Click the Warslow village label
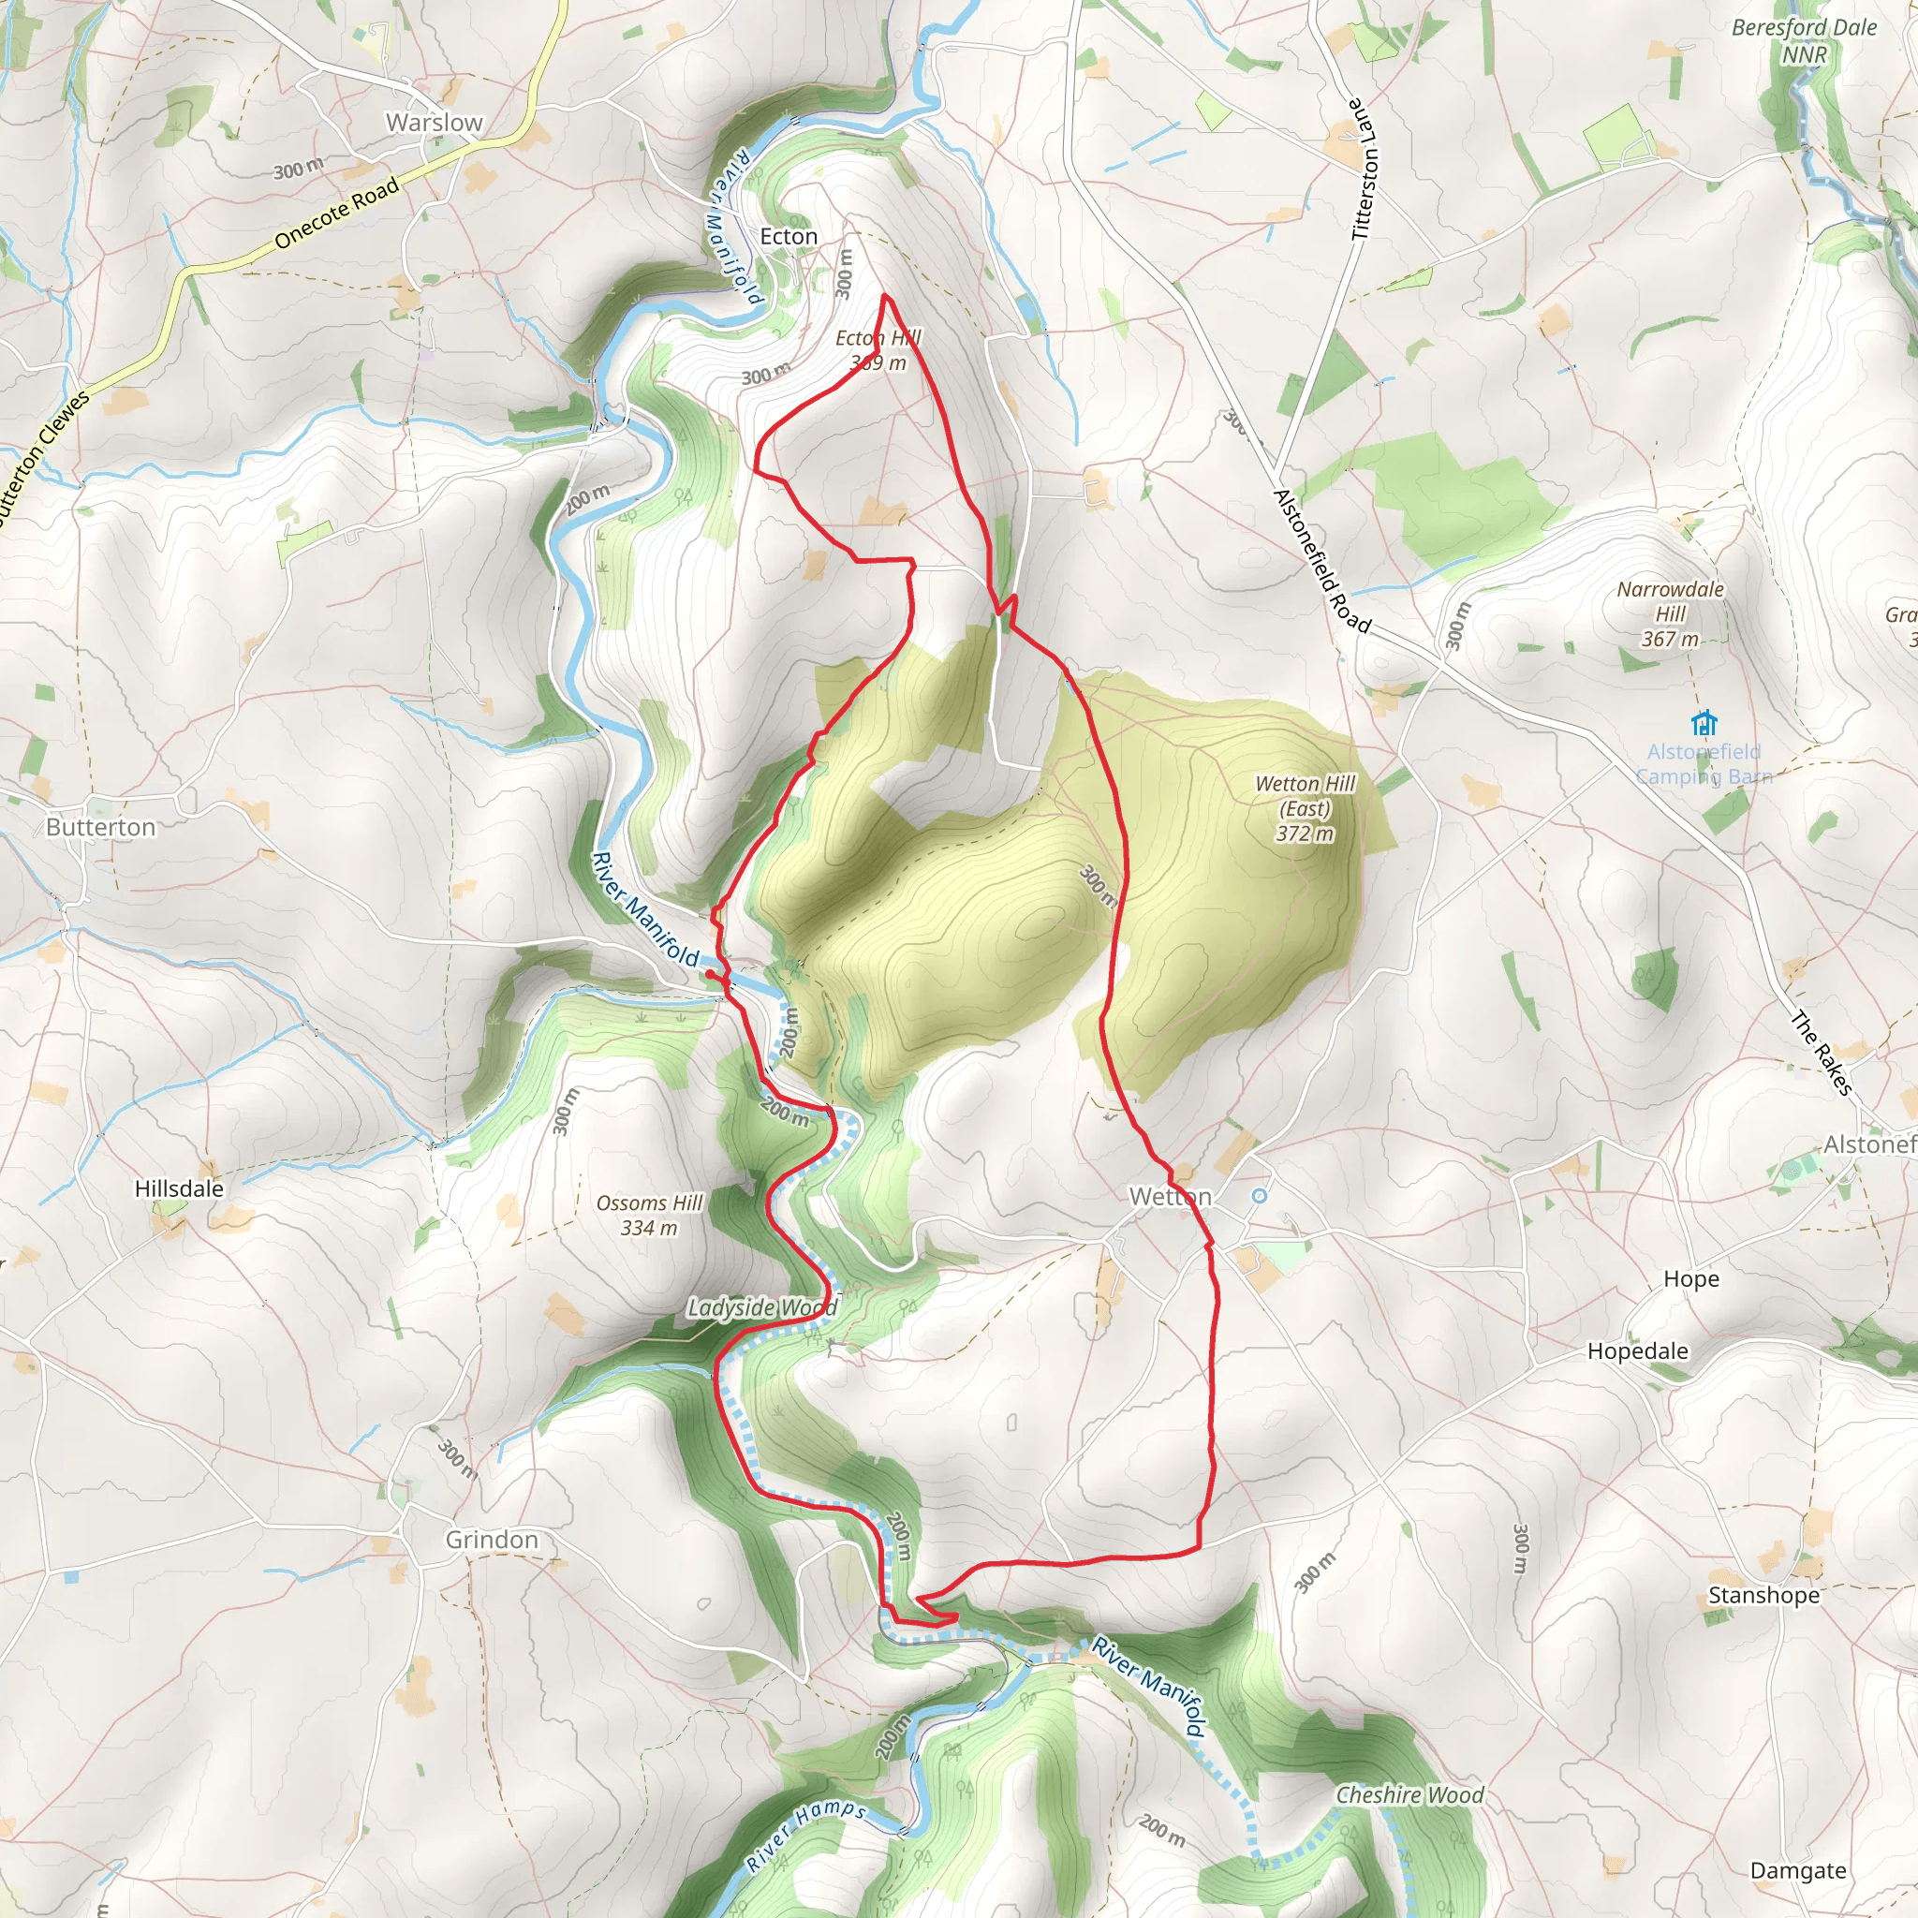[x=434, y=123]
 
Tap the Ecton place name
[x=789, y=236]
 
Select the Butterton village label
[x=101, y=827]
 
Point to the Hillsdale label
[x=179, y=1188]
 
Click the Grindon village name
[x=492, y=1539]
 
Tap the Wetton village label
[x=1170, y=1196]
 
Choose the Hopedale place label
[x=1637, y=1350]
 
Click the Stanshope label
[x=1763, y=1594]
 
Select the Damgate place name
[x=1798, y=1870]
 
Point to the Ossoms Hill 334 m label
[x=649, y=1215]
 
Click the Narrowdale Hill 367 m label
[x=1670, y=613]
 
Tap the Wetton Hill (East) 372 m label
[x=1305, y=808]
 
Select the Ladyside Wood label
[x=761, y=1307]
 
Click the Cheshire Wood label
[x=1409, y=1795]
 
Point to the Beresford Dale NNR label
[x=1804, y=40]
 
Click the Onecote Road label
[x=336, y=213]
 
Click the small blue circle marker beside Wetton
[x=1259, y=1196]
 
